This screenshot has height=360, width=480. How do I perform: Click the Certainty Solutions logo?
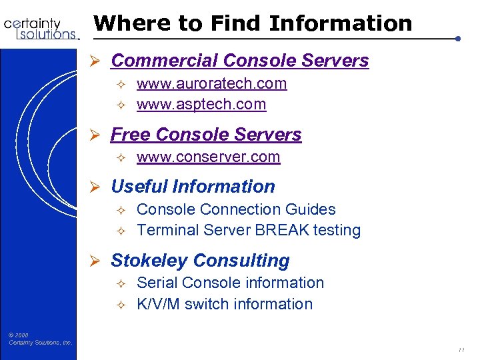[41, 28]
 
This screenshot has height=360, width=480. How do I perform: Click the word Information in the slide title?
[341, 23]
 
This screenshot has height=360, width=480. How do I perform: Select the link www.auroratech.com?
[211, 83]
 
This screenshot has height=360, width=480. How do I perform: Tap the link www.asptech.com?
[201, 104]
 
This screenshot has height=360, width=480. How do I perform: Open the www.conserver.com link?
[208, 157]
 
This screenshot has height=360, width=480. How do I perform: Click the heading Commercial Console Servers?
[239, 60]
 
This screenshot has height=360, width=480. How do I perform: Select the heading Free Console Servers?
[206, 134]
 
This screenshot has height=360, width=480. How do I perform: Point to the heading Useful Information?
[193, 186]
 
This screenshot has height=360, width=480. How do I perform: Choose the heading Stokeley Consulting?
[200, 260]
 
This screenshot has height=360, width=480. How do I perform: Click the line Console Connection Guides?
[236, 209]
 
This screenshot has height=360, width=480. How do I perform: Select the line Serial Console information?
[230, 282]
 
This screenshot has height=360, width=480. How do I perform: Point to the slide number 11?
[461, 349]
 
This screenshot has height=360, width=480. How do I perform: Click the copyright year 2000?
[21, 335]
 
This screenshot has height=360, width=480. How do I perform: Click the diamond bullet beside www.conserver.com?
[121, 157]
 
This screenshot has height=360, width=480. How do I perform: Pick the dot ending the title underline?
[458, 39]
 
